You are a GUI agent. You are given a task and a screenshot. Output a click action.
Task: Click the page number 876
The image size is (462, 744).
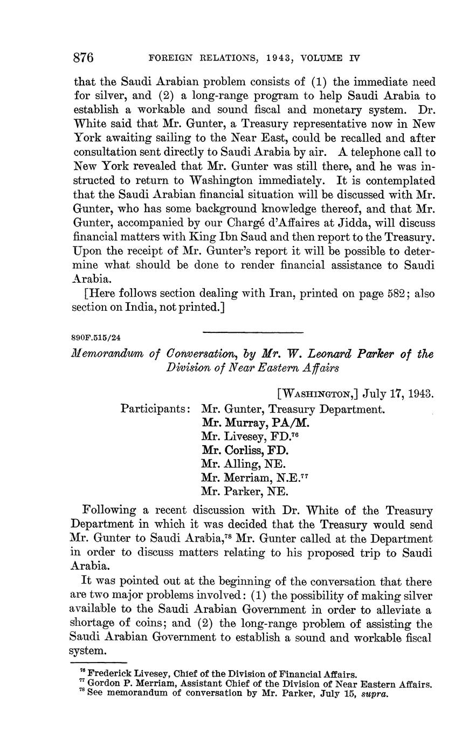84,57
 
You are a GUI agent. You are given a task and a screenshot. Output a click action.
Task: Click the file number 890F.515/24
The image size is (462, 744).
96,338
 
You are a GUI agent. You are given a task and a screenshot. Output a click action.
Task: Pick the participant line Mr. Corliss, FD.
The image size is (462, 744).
245,449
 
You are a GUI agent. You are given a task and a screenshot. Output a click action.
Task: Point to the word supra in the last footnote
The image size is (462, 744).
374,693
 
